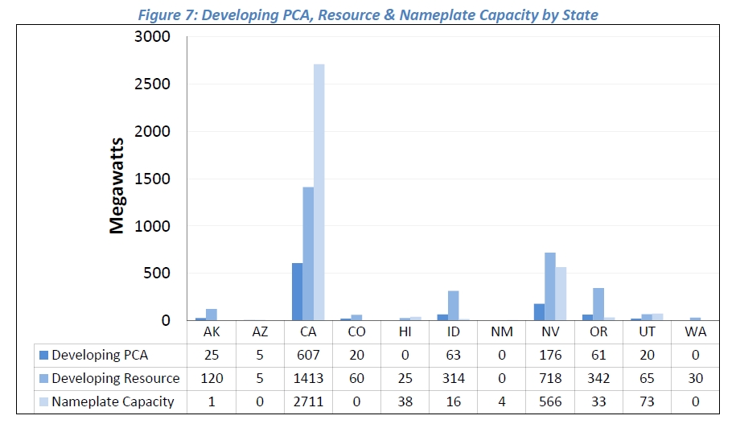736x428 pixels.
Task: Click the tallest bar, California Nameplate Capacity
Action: tap(319, 193)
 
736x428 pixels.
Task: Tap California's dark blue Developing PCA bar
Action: tap(297, 291)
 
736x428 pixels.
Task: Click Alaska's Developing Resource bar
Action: tap(212, 315)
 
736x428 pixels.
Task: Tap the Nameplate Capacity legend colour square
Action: tap(43, 401)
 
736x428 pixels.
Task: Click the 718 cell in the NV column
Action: tap(550, 378)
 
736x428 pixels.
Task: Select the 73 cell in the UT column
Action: tap(647, 401)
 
